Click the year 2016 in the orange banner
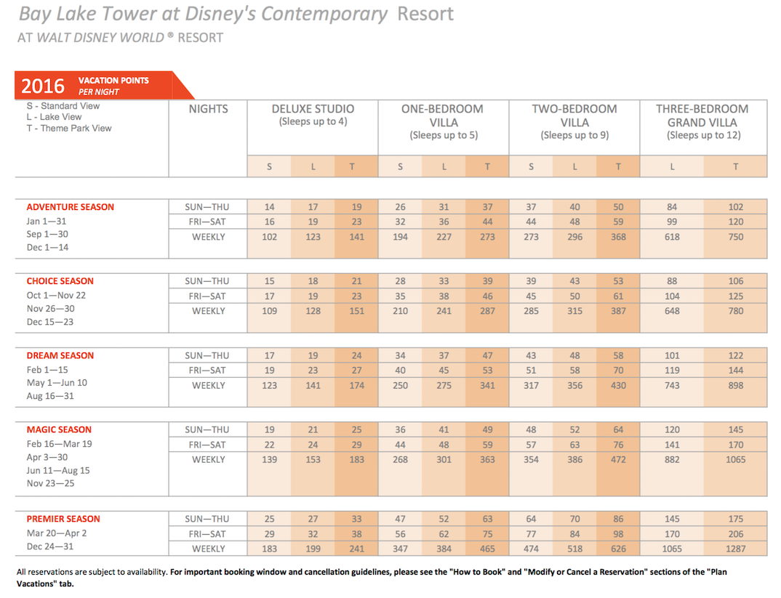tap(43, 86)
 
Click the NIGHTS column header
tap(208, 109)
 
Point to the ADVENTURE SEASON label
tap(71, 207)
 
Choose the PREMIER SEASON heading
tap(63, 519)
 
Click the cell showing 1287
tap(736, 549)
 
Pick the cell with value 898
tap(736, 386)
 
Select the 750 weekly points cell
tap(736, 238)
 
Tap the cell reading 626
tap(618, 549)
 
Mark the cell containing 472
tap(618, 460)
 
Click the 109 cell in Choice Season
tap(270, 312)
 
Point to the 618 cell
tap(672, 238)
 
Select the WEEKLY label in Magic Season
tap(208, 460)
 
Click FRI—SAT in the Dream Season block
tap(207, 371)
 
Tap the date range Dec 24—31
tap(49, 546)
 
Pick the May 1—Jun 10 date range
tap(57, 383)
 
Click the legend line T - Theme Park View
tap(69, 129)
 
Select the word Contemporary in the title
tap(324, 14)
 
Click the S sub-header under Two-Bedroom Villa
tap(531, 167)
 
